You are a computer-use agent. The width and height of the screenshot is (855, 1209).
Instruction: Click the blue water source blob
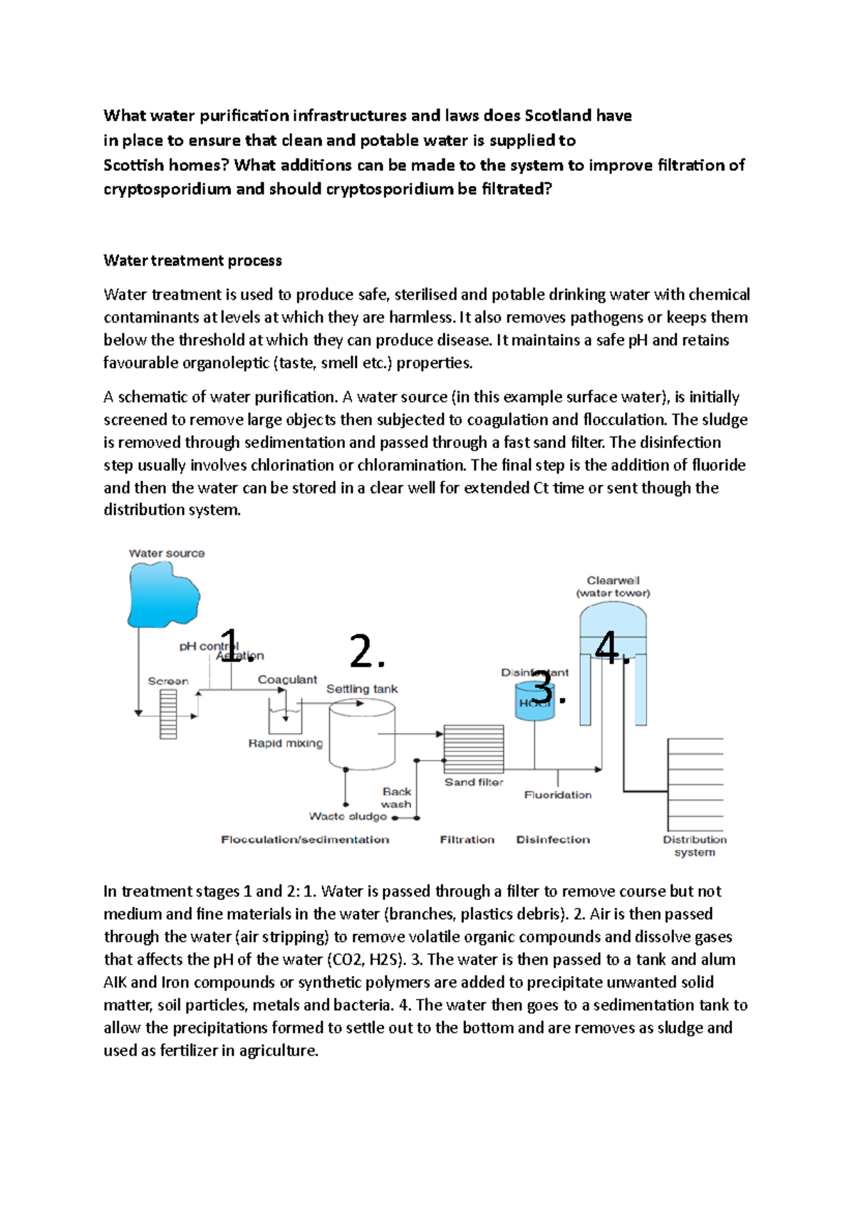(162, 594)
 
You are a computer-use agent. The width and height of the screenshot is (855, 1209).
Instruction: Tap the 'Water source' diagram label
(167, 553)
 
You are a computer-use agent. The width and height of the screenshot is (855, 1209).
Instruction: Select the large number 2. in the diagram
(367, 651)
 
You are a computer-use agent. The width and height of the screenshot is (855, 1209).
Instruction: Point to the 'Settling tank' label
(362, 689)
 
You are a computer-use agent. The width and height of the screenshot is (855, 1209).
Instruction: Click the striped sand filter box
(473, 749)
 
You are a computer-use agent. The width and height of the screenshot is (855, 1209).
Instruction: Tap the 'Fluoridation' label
(558, 795)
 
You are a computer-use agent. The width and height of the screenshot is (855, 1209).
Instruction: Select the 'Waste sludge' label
(348, 817)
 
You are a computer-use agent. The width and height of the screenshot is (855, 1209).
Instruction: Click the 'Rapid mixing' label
(285, 743)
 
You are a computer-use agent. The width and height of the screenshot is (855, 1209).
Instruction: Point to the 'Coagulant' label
(287, 679)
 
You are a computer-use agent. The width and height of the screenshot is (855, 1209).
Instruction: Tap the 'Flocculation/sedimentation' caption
(305, 839)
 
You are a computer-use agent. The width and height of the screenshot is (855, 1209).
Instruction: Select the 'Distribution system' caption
(695, 846)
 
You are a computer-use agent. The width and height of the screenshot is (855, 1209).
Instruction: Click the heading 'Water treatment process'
(192, 261)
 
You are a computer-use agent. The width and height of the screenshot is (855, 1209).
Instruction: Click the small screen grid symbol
(168, 714)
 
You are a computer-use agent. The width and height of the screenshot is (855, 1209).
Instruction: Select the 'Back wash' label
(396, 797)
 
